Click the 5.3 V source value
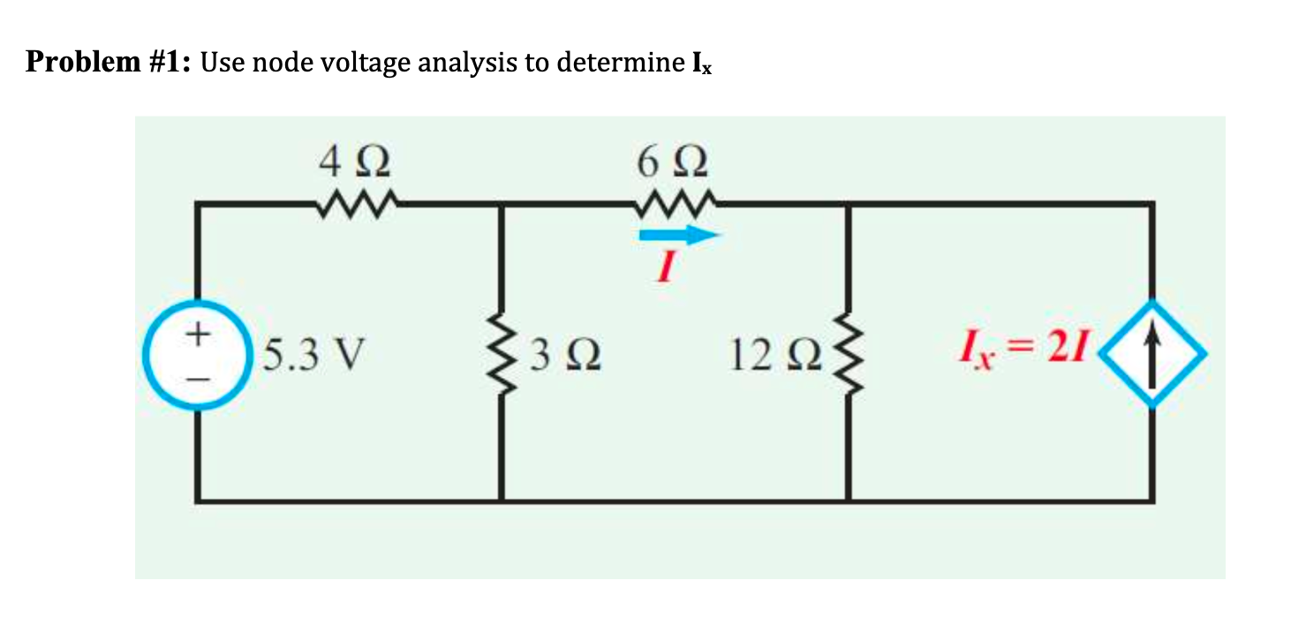(313, 354)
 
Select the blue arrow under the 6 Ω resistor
(681, 235)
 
